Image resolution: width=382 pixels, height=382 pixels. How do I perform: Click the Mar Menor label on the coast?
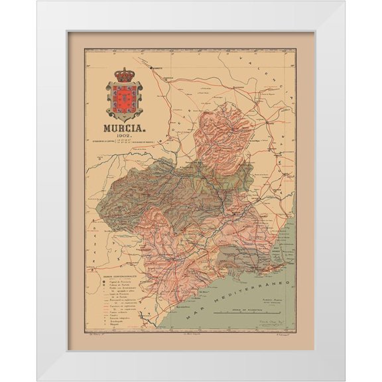(x=276, y=253)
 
